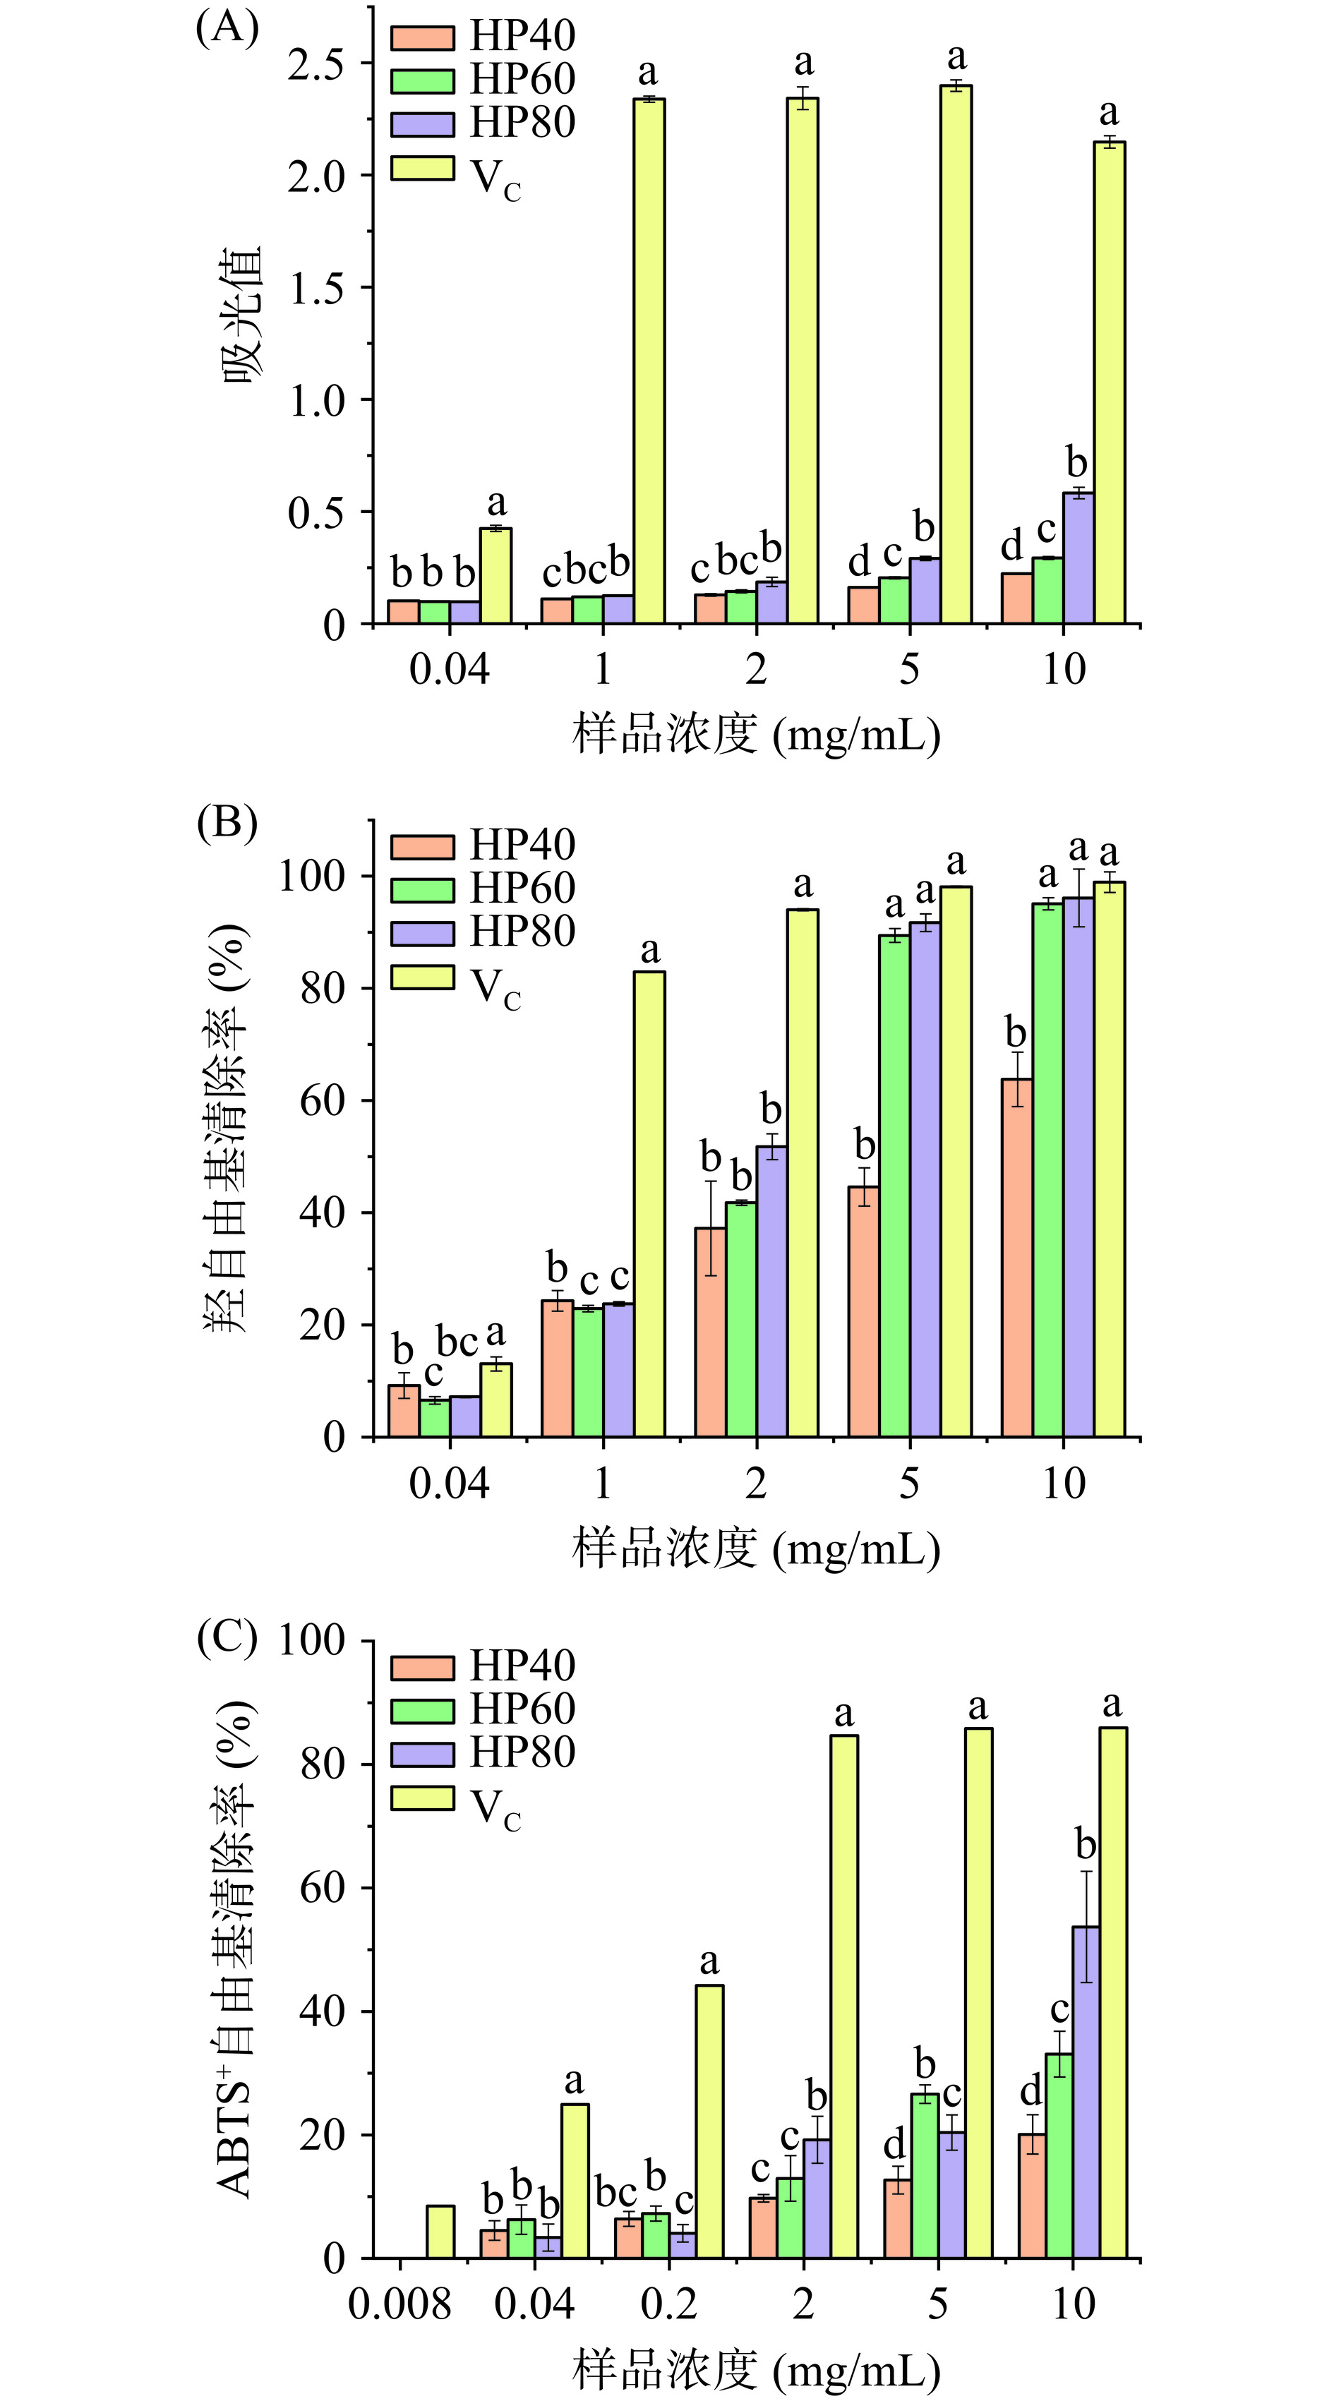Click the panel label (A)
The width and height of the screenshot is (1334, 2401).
tap(227, 29)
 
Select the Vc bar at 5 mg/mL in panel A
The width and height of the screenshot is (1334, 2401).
tap(956, 354)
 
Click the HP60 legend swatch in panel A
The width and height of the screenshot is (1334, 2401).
tap(422, 80)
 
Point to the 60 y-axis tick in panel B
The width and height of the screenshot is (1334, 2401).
tap(322, 1101)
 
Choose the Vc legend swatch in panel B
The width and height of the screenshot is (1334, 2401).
tap(422, 977)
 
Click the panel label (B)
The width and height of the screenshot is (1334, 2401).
tap(227, 824)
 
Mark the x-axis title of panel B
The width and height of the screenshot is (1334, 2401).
tap(755, 1548)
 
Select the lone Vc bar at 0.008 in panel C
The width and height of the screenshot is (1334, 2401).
tap(440, 2232)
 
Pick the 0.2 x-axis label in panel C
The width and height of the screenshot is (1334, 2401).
tap(668, 2304)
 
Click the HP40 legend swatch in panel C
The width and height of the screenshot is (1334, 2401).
tap(422, 1668)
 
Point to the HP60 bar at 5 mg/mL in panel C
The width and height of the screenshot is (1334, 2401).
tap(925, 2177)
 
